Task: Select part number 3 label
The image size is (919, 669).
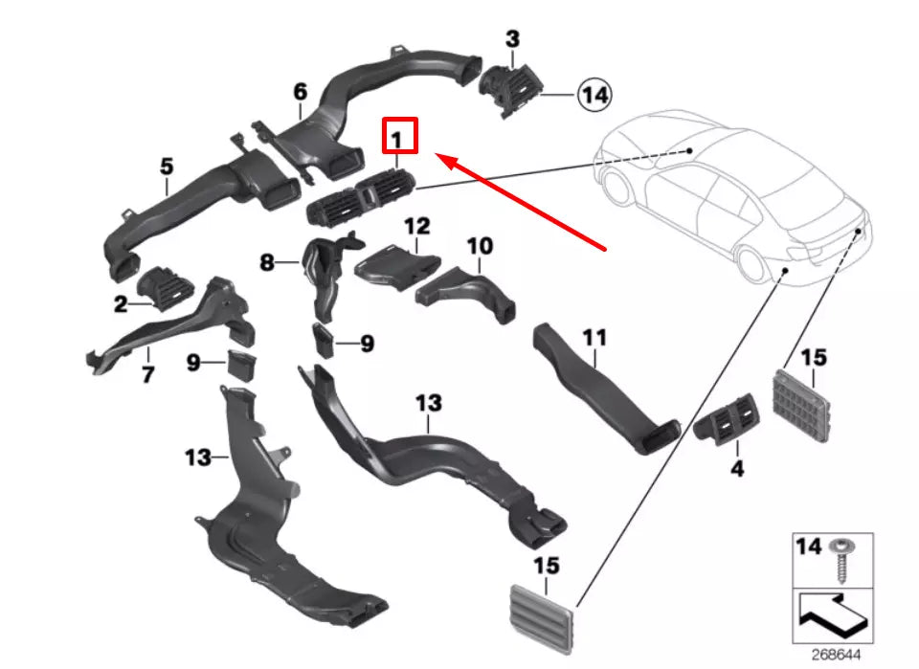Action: click(513, 39)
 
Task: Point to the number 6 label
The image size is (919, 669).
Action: click(300, 92)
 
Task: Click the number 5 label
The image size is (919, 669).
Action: click(167, 167)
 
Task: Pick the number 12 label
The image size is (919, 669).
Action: click(416, 227)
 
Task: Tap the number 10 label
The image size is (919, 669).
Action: click(480, 246)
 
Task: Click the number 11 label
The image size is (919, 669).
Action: click(594, 338)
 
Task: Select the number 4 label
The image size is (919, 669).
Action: click(736, 470)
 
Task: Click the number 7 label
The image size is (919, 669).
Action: click(147, 374)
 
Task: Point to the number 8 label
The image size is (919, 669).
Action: click(267, 261)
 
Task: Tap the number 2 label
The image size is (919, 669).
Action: click(121, 304)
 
